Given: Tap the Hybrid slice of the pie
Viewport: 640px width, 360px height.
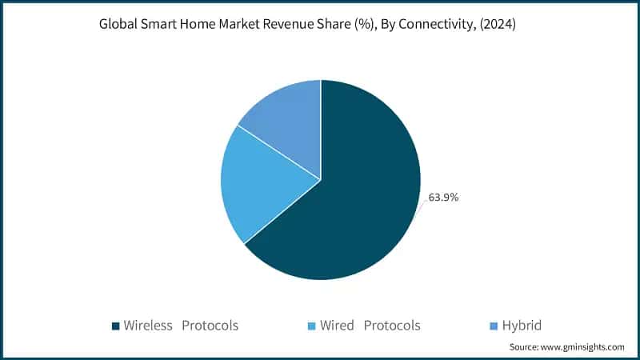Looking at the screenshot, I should pyautogui.click(x=284, y=120).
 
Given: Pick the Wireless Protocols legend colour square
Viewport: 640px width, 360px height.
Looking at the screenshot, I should pyautogui.click(x=115, y=326).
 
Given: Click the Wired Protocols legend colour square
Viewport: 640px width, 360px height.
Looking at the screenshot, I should pyautogui.click(x=312, y=326).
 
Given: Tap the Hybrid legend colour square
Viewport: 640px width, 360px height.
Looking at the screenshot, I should pyautogui.click(x=494, y=326).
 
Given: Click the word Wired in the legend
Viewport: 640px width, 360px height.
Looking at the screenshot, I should pyautogui.click(x=338, y=326).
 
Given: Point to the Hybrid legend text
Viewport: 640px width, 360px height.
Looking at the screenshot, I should pyautogui.click(x=522, y=326).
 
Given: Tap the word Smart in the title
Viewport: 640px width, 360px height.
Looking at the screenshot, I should pyautogui.click(x=162, y=25).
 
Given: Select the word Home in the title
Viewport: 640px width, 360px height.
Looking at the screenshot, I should pyautogui.click(x=204, y=25).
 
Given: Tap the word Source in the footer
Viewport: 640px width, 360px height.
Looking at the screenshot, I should pyautogui.click(x=525, y=347).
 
